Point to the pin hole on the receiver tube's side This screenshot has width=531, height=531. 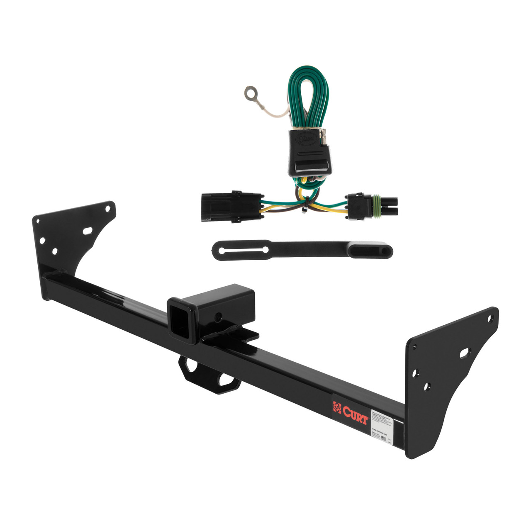[217, 317]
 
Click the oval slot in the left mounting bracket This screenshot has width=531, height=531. [88, 231]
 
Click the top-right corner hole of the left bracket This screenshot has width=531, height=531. [109, 209]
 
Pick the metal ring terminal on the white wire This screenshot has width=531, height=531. [251, 93]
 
